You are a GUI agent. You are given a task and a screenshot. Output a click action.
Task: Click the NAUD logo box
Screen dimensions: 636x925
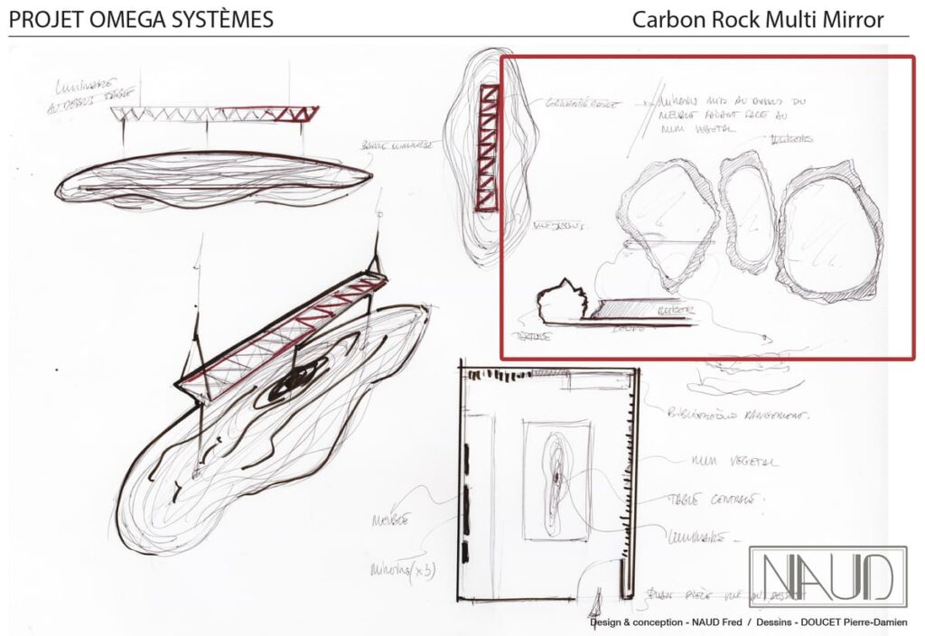tap(827, 576)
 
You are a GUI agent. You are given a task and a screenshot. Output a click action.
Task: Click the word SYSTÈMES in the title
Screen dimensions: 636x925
tap(221, 19)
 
